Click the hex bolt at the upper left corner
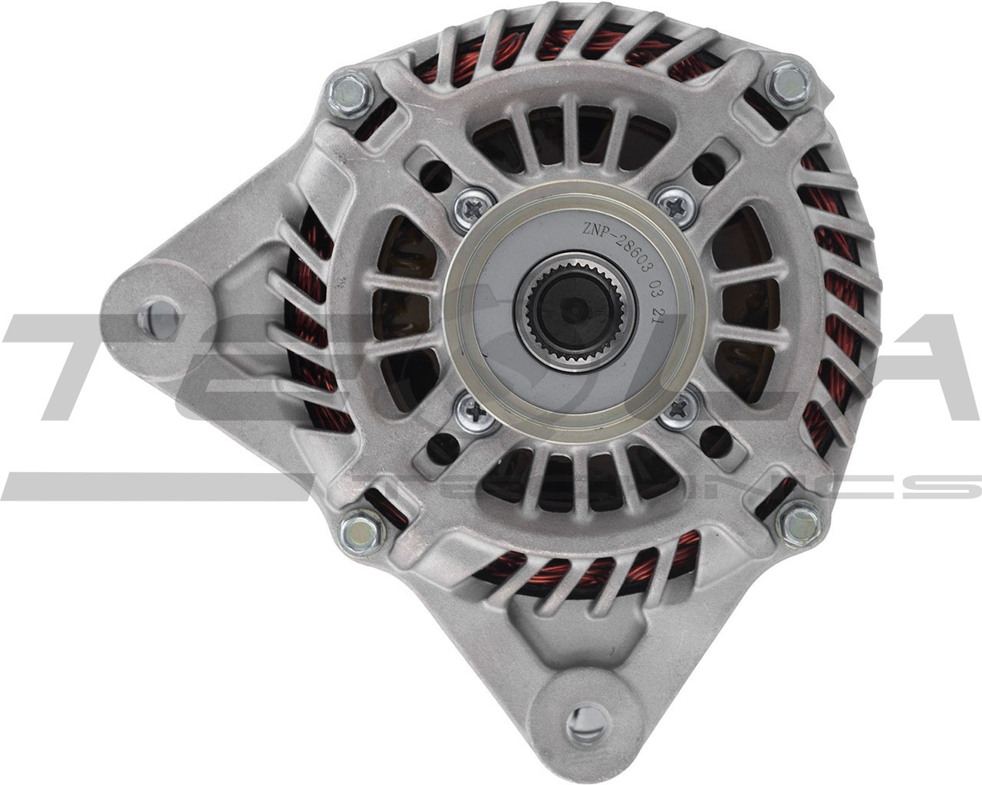point(349,93)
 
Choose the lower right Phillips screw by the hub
point(679,409)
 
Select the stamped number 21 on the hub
point(657,314)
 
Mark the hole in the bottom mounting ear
point(588,721)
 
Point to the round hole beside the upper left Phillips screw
point(435,176)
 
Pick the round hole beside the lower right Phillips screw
point(714,441)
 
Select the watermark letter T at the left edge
point(84,368)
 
